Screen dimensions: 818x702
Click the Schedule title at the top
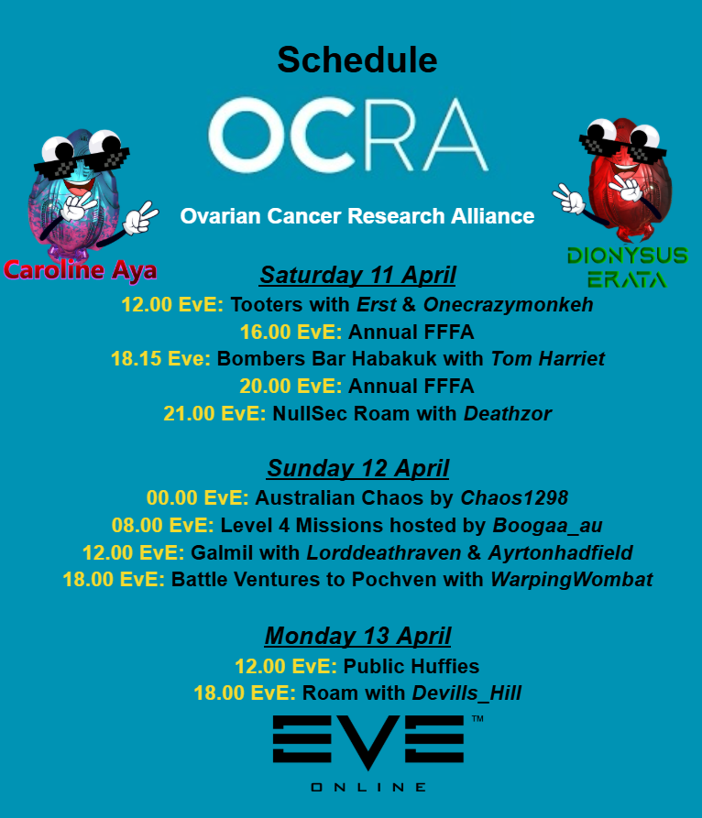(x=357, y=60)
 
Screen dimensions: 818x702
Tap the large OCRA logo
(x=348, y=136)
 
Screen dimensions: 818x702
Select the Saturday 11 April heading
(x=357, y=275)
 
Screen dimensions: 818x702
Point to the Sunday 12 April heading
(x=357, y=469)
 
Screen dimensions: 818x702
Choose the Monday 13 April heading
(x=357, y=636)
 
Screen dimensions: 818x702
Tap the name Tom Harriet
(x=548, y=359)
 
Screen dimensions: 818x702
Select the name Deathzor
(x=507, y=414)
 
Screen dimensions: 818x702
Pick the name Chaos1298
(x=513, y=498)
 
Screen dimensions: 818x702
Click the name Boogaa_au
(x=548, y=526)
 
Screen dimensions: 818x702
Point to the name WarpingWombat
(x=571, y=580)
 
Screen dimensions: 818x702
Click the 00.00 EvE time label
(x=197, y=498)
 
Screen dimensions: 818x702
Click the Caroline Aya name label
(x=80, y=270)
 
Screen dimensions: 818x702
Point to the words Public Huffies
(x=411, y=666)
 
